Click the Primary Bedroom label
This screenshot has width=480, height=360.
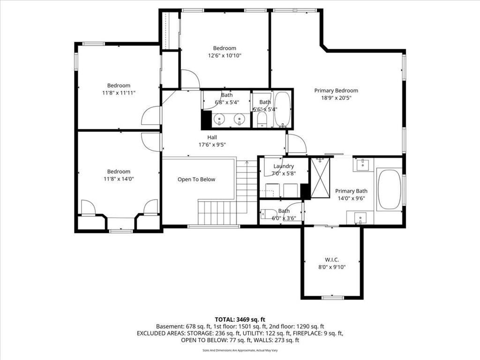336,90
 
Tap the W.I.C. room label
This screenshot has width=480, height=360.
332,260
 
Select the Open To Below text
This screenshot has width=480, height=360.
196,180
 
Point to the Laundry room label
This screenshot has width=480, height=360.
284,166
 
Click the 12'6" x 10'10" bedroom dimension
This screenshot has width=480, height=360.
225,55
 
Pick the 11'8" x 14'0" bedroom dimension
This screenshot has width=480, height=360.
119,179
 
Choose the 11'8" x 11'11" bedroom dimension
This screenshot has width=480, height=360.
119,93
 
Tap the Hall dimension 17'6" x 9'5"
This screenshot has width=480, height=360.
212,144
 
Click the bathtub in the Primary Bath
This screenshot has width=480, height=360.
389,189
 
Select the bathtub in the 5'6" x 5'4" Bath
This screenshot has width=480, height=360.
282,109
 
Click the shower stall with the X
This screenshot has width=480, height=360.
320,178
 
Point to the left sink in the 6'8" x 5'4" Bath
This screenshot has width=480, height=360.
219,119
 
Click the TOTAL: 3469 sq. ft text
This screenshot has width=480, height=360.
240,320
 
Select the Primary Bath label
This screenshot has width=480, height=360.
351,191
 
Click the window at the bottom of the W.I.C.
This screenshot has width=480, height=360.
333,297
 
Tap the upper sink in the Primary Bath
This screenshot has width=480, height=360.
363,165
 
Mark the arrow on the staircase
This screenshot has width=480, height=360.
247,187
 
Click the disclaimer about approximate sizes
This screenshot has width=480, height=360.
240,350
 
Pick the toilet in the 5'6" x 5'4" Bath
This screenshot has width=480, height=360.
262,120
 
